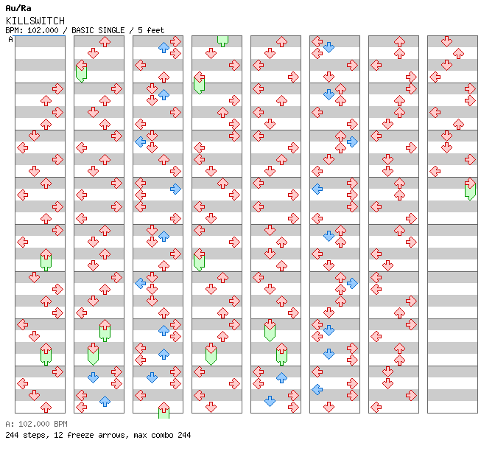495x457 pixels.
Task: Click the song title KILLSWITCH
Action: (x=35, y=21)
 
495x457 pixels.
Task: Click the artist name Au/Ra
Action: (x=18, y=8)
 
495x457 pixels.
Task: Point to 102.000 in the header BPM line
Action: (x=43, y=30)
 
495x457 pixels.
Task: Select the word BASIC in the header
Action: (x=82, y=30)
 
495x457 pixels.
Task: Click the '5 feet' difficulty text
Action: (x=151, y=30)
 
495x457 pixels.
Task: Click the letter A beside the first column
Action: (x=11, y=40)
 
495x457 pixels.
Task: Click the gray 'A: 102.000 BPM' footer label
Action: (x=36, y=424)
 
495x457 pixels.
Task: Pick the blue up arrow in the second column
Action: (x=105, y=401)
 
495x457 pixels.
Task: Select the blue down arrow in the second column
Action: (x=93, y=377)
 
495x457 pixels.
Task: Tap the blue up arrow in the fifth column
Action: (x=281, y=377)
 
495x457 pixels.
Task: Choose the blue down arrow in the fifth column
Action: (x=270, y=401)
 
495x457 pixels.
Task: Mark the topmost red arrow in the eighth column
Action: (x=446, y=41)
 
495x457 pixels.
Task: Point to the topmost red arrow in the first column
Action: (x=57, y=88)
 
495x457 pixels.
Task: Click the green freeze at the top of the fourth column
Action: (x=223, y=41)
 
